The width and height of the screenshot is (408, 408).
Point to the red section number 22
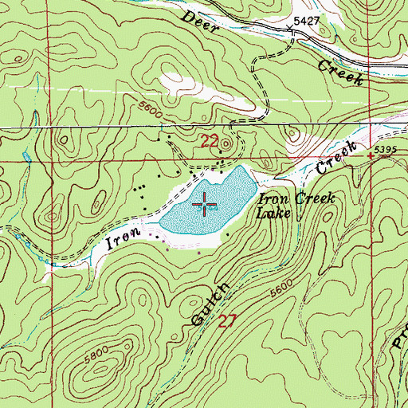pyautogui.click(x=209, y=142)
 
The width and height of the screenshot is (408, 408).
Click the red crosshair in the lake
pyautogui.click(x=205, y=206)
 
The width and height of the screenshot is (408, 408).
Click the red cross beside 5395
pyautogui.click(x=371, y=158)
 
